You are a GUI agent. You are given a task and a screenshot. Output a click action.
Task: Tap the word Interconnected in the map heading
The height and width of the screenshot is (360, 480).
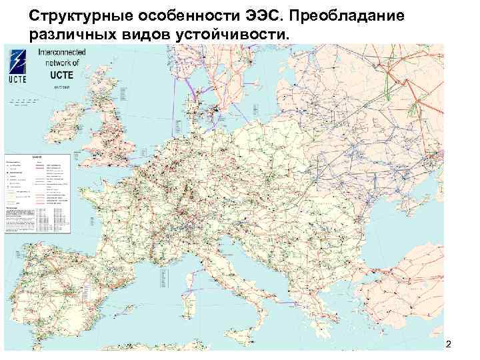(59, 51)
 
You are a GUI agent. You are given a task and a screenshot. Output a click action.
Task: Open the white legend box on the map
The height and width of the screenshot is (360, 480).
(37, 193)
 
